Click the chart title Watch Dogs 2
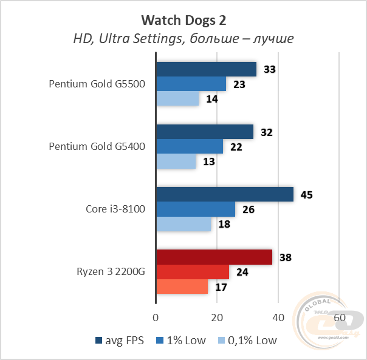[183, 21]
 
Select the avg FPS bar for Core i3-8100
[225, 194]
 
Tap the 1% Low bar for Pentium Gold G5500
[191, 84]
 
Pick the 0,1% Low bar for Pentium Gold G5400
[176, 162]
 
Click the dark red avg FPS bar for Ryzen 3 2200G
[214, 257]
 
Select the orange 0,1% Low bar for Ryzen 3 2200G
[182, 287]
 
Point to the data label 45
[307, 195]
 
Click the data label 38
[286, 257]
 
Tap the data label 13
[209, 162]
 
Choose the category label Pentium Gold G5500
[97, 84]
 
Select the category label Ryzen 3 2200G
[110, 272]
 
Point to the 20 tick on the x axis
[217, 318]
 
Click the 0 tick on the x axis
[156, 318]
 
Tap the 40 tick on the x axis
[278, 318]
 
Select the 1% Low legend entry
[184, 341]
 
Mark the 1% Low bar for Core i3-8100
[196, 209]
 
